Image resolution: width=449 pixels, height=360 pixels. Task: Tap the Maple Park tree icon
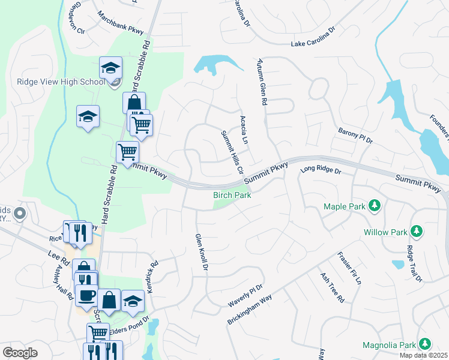[375, 206]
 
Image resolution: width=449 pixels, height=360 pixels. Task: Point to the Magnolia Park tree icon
[425, 344]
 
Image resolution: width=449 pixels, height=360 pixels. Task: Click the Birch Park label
[231, 195]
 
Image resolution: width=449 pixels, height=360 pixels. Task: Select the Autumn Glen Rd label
[261, 82]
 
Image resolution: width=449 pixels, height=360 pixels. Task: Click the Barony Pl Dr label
[355, 136]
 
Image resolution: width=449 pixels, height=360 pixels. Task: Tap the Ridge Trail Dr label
[414, 263]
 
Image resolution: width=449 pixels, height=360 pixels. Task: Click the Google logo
[20, 353]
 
